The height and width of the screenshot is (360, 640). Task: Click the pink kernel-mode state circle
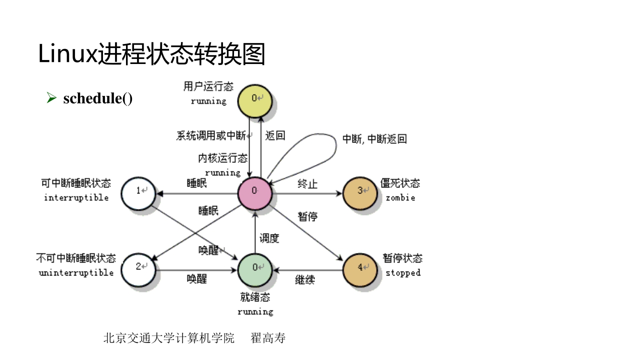coord(254,191)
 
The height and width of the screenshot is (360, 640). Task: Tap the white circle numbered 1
coord(140,191)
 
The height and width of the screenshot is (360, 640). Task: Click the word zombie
coord(400,197)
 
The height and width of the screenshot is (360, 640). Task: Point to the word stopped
coord(403,273)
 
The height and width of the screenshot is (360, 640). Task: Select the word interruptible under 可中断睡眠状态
coord(76,197)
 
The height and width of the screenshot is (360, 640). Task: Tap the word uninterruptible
coord(76,273)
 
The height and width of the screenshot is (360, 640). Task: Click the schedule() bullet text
coord(98,98)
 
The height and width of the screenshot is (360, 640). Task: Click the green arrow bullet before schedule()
coord(51,98)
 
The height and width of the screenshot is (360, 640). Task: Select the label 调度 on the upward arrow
coord(269,238)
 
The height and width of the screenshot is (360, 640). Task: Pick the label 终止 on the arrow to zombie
coord(307,183)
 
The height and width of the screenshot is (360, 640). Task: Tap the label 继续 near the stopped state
coord(305,279)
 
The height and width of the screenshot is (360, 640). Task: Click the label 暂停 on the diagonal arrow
coord(308,216)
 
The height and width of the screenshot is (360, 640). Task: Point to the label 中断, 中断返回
coord(374,139)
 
